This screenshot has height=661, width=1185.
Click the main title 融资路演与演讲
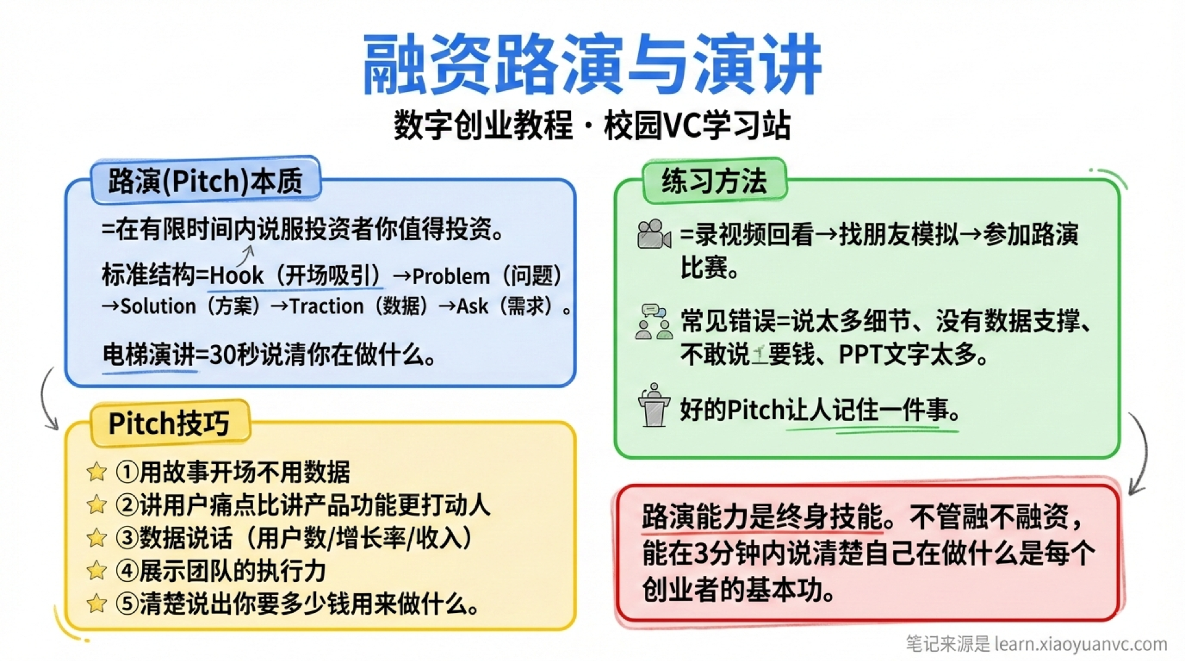pos(591,65)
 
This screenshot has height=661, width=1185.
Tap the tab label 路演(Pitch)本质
pos(206,181)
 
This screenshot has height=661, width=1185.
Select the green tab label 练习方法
pos(714,181)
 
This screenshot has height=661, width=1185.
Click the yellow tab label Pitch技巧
pos(169,423)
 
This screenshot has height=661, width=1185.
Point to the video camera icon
pos(653,235)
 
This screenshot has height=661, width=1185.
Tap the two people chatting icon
pos(654,322)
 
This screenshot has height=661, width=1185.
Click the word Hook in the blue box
pos(236,275)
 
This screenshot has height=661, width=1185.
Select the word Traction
pos(326,306)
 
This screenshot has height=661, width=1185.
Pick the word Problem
pos(451,276)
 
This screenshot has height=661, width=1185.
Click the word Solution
pos(158,306)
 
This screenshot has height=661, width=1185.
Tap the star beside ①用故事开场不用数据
pos(96,472)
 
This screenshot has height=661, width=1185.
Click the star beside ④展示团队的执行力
pos(96,571)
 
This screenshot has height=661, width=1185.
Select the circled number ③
pos(127,538)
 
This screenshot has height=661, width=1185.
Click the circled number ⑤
pos(127,604)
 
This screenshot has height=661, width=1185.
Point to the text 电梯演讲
pos(148,355)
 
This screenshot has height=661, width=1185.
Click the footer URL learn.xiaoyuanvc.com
pos(1081,644)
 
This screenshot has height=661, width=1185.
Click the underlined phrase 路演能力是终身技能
pos(762,517)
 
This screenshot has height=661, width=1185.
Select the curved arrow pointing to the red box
pos(1139,454)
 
